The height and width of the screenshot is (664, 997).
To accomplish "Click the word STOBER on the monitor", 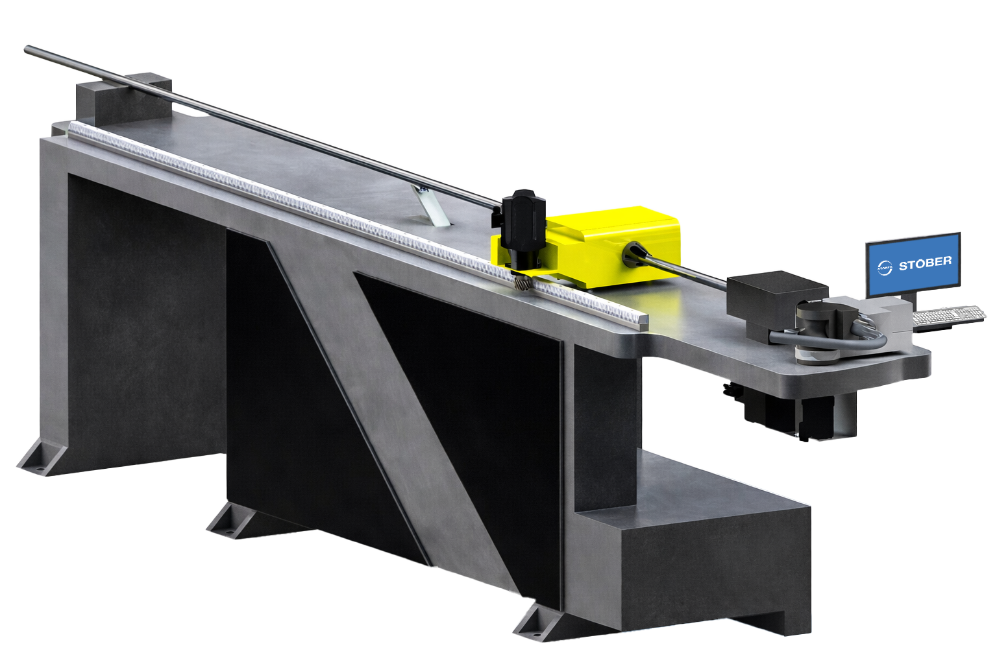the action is click(925, 264).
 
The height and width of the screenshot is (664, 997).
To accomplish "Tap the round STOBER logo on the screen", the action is click(885, 268).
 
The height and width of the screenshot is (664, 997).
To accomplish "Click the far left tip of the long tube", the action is click(27, 49).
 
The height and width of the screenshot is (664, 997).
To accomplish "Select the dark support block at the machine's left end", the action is click(123, 101).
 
